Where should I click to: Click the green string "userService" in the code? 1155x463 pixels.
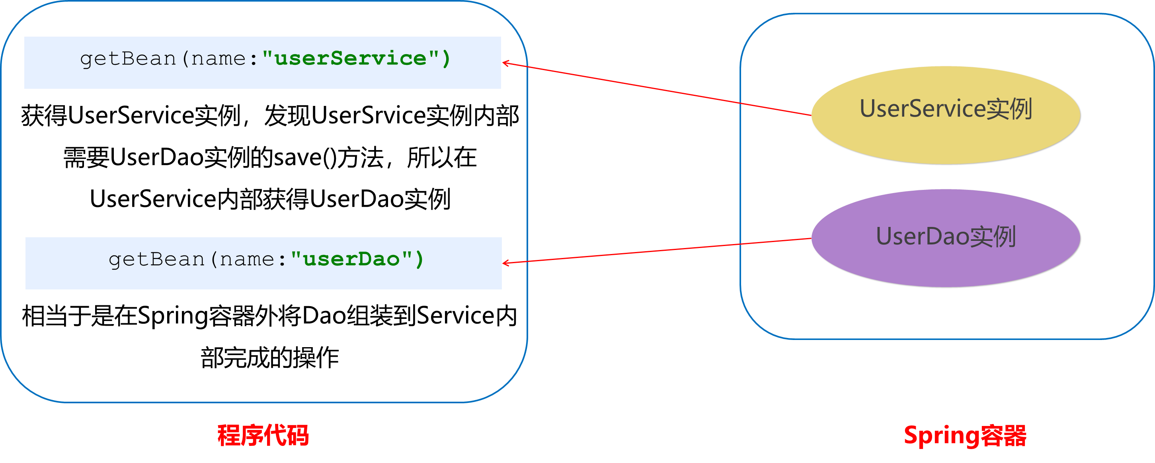351,59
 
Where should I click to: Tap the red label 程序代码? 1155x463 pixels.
263,435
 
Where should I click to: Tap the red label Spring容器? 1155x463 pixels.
965,435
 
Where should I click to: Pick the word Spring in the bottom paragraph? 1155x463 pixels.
173,316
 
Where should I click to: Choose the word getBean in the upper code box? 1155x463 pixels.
128,59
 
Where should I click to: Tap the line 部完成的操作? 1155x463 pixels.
269,358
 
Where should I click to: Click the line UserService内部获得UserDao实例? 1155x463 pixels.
270,199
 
